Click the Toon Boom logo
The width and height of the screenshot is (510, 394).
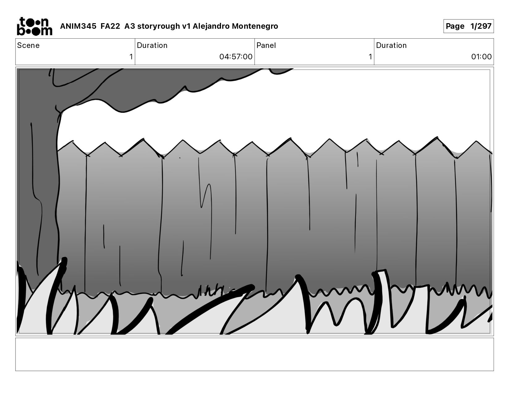35,26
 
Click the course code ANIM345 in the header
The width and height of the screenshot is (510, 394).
78,26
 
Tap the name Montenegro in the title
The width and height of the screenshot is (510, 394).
255,26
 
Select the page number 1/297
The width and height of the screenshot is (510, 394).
481,26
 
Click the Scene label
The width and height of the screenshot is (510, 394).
28,45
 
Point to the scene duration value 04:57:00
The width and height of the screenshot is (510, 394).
236,57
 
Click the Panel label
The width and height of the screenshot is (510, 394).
266,45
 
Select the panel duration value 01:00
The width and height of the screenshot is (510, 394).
481,57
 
